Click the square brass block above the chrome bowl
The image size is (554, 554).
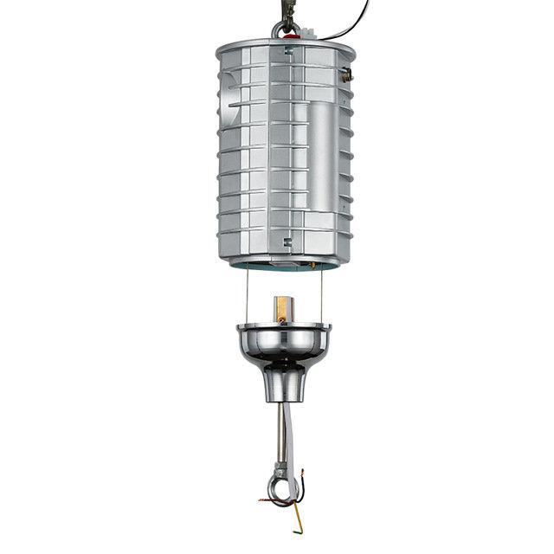tap(282, 308)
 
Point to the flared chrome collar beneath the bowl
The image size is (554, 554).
tap(283, 382)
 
